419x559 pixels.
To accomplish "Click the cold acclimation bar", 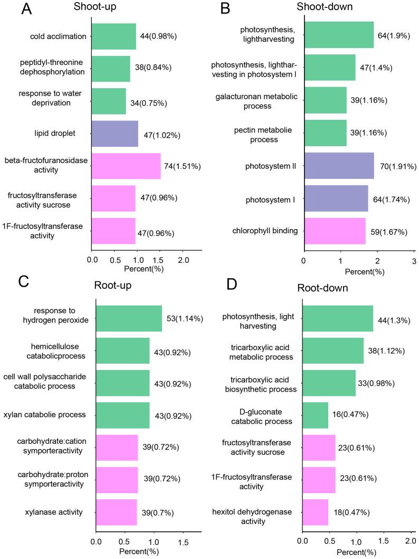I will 114,36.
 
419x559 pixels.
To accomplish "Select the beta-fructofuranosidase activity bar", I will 126,166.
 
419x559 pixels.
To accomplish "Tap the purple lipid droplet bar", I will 115,134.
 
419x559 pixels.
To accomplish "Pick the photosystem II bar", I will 339,166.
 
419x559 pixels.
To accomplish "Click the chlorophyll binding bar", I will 335,231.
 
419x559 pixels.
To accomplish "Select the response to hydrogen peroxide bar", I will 129,318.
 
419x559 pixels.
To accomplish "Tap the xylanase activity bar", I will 117,512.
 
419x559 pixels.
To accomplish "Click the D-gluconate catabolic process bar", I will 315,415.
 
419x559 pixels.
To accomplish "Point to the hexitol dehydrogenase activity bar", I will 315,512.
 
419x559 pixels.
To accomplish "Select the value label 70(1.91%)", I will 397,166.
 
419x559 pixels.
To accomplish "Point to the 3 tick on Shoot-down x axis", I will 414,261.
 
